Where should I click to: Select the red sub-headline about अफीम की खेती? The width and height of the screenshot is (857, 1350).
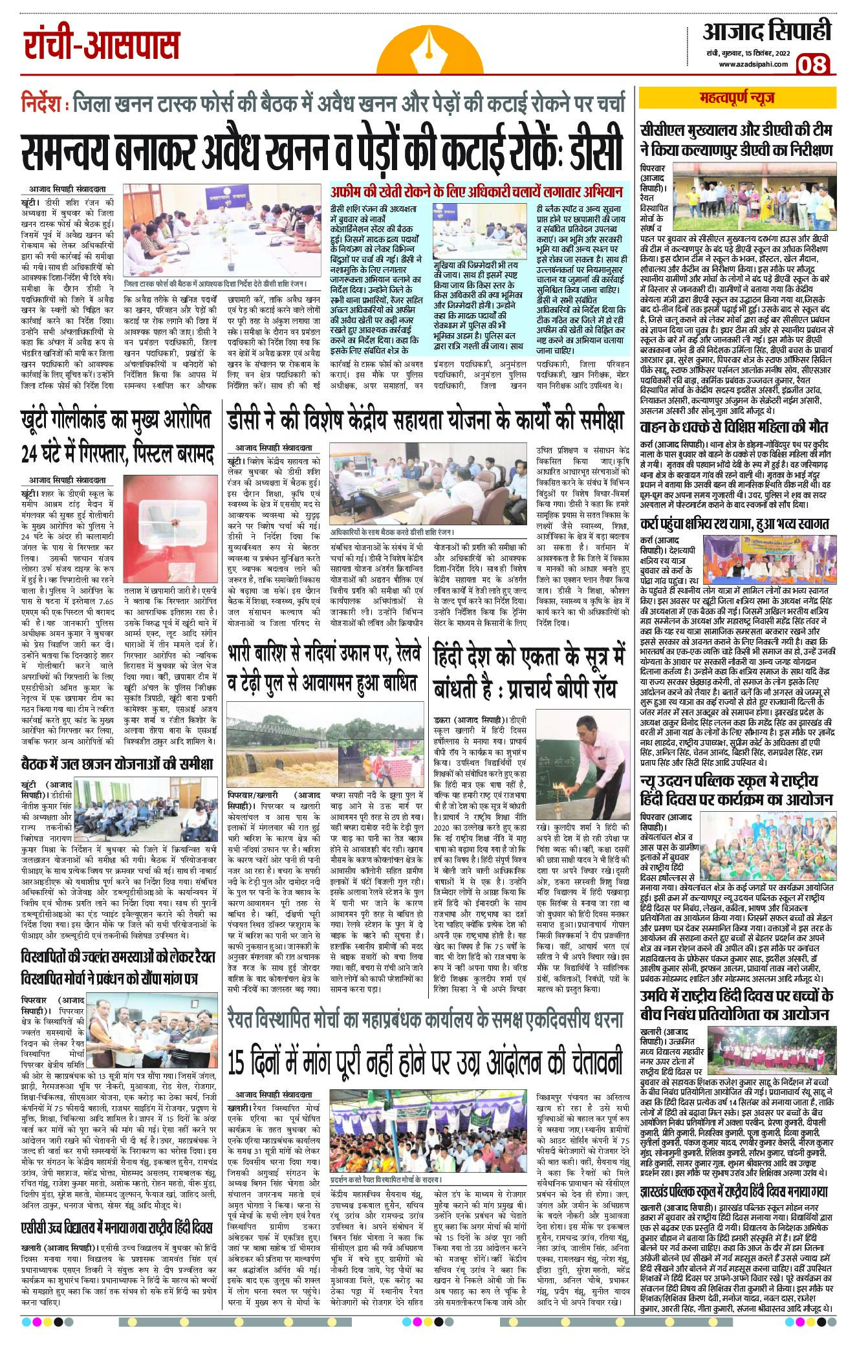point(477,191)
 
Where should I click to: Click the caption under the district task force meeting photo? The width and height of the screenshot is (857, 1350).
point(215,283)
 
